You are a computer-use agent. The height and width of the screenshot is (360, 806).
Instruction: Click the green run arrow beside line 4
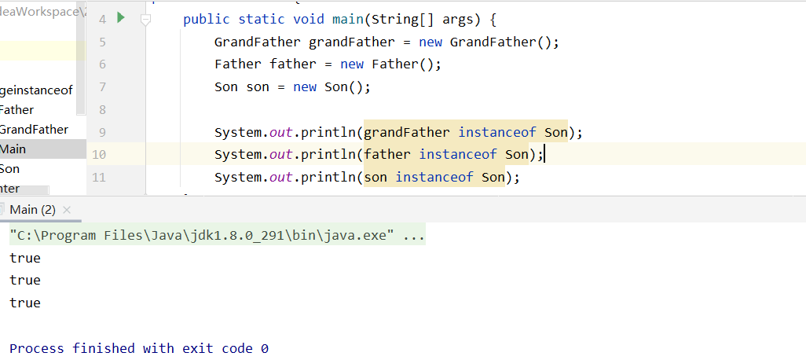coord(121,17)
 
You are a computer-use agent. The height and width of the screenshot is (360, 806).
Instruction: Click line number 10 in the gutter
coord(99,155)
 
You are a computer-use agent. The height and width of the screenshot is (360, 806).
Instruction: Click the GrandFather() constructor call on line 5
coord(504,42)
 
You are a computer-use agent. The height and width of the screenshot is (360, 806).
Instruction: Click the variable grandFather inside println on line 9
coord(407,132)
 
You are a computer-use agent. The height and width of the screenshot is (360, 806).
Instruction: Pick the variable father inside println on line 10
coord(387,155)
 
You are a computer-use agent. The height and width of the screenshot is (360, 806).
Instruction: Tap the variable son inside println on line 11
coord(376,178)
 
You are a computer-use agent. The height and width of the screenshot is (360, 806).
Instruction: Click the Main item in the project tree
coord(13,149)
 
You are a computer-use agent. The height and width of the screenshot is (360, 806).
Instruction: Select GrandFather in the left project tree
coord(34,130)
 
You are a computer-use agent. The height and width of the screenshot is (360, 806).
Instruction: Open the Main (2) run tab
coord(32,210)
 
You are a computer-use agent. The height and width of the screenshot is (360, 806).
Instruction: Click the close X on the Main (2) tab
coord(67,210)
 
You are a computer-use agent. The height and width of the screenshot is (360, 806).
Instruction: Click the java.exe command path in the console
coord(201,236)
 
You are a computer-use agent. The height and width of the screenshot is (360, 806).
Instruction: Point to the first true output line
coord(25,258)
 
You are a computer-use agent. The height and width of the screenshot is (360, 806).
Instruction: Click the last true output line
coord(25,303)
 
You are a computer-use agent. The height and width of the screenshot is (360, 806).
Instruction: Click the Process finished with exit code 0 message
coord(139,348)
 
